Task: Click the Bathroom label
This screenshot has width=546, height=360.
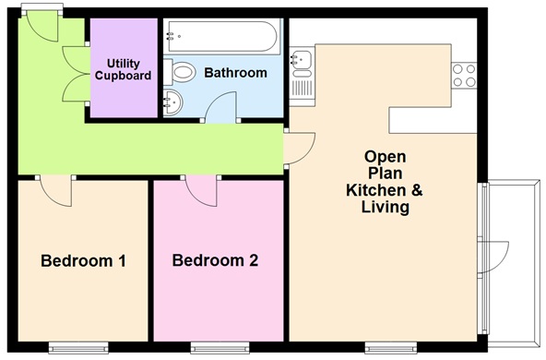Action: coord(235,72)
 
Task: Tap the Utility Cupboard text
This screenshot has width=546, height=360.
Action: coord(122,69)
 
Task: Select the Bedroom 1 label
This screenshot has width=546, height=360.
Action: coord(83,261)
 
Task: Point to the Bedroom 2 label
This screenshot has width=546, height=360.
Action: coord(215,261)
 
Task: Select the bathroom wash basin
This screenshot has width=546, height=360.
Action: coord(174,103)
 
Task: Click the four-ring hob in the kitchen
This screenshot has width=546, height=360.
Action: coord(463,75)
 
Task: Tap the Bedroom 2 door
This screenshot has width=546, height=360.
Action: coord(202,190)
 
